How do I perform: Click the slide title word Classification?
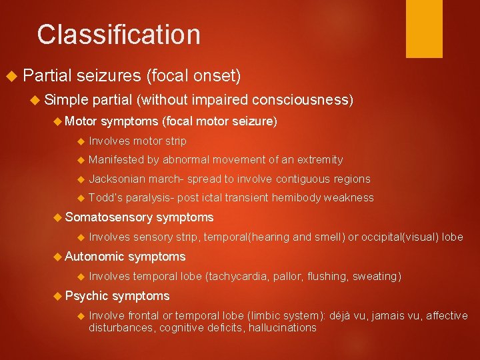pos(119,35)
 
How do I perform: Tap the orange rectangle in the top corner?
pos(424,28)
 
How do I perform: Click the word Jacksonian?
pos(116,179)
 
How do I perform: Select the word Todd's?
pos(103,197)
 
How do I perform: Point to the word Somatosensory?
pos(109,217)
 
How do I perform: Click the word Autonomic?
pos(95,257)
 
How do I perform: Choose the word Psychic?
pos(87,296)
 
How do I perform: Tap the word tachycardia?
pos(241,276)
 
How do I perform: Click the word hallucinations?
pos(283,327)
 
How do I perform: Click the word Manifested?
pos(116,159)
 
